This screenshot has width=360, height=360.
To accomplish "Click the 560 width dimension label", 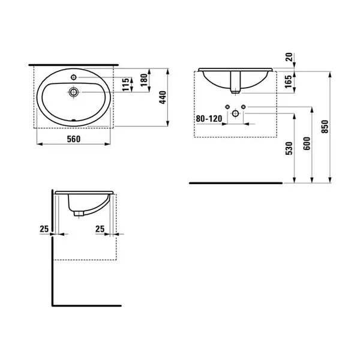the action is [74, 139].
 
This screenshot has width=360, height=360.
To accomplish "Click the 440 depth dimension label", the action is [163, 97].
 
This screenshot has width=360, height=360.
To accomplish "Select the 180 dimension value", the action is [144, 80].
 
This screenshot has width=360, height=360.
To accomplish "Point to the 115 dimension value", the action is [126, 85].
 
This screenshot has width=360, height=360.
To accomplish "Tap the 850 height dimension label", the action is [325, 127].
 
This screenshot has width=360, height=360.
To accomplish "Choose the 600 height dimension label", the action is [307, 143].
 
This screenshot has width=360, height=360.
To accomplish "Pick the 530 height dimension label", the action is [289, 148].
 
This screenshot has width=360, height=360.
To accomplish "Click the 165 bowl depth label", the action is [288, 81].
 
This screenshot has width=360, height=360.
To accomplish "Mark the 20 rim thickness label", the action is [289, 57].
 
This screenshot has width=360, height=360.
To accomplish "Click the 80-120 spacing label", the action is [209, 119].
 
